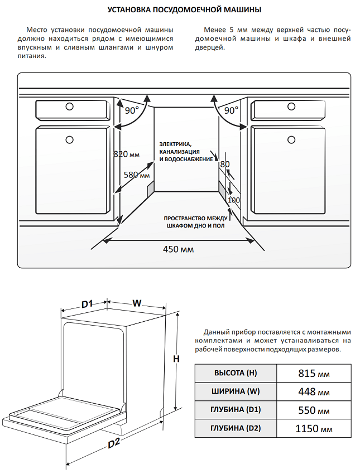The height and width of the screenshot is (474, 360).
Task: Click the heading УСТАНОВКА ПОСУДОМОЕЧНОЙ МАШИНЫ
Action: (184, 9)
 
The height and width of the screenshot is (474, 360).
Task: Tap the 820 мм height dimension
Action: (127, 154)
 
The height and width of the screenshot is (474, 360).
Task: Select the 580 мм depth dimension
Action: (137, 175)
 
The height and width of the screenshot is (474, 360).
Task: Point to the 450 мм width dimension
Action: (178, 249)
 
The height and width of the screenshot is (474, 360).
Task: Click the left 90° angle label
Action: (132, 110)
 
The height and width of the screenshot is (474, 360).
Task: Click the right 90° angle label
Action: (231, 110)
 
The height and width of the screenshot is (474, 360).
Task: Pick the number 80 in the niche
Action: (225, 164)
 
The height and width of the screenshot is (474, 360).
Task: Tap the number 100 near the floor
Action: (234, 200)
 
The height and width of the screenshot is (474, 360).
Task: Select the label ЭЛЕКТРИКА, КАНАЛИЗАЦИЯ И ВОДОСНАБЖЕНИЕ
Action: (186, 152)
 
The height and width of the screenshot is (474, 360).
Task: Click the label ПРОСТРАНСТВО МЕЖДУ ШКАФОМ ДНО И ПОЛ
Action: (195, 222)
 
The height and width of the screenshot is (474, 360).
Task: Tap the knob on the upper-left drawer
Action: (70, 107)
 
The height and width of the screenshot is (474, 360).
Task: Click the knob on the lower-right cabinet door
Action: (291, 139)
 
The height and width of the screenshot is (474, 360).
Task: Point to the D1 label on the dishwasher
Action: (87, 303)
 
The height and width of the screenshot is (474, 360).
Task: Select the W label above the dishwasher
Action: (137, 303)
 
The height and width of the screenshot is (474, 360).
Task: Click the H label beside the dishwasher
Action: (176, 359)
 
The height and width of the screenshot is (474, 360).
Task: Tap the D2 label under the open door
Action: (114, 443)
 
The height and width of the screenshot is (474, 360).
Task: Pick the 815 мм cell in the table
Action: (314, 373)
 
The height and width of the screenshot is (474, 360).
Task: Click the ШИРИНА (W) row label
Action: (236, 391)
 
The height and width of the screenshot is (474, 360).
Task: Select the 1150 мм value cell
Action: (314, 428)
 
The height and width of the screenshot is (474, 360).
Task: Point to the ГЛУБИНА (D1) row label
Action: (236, 410)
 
